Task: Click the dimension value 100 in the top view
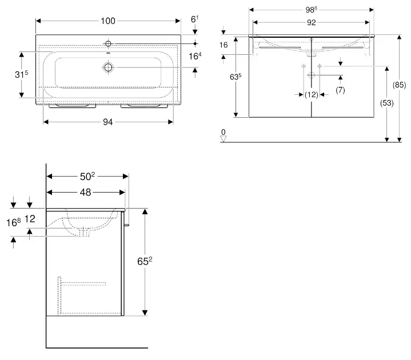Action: click(x=107, y=21)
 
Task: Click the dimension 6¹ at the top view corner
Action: click(x=194, y=19)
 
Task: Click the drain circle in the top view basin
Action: click(x=107, y=67)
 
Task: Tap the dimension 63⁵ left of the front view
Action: click(x=228, y=76)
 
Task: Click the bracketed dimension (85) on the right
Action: click(x=400, y=86)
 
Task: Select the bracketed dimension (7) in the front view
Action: click(x=340, y=90)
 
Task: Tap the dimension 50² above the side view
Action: click(x=85, y=177)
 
